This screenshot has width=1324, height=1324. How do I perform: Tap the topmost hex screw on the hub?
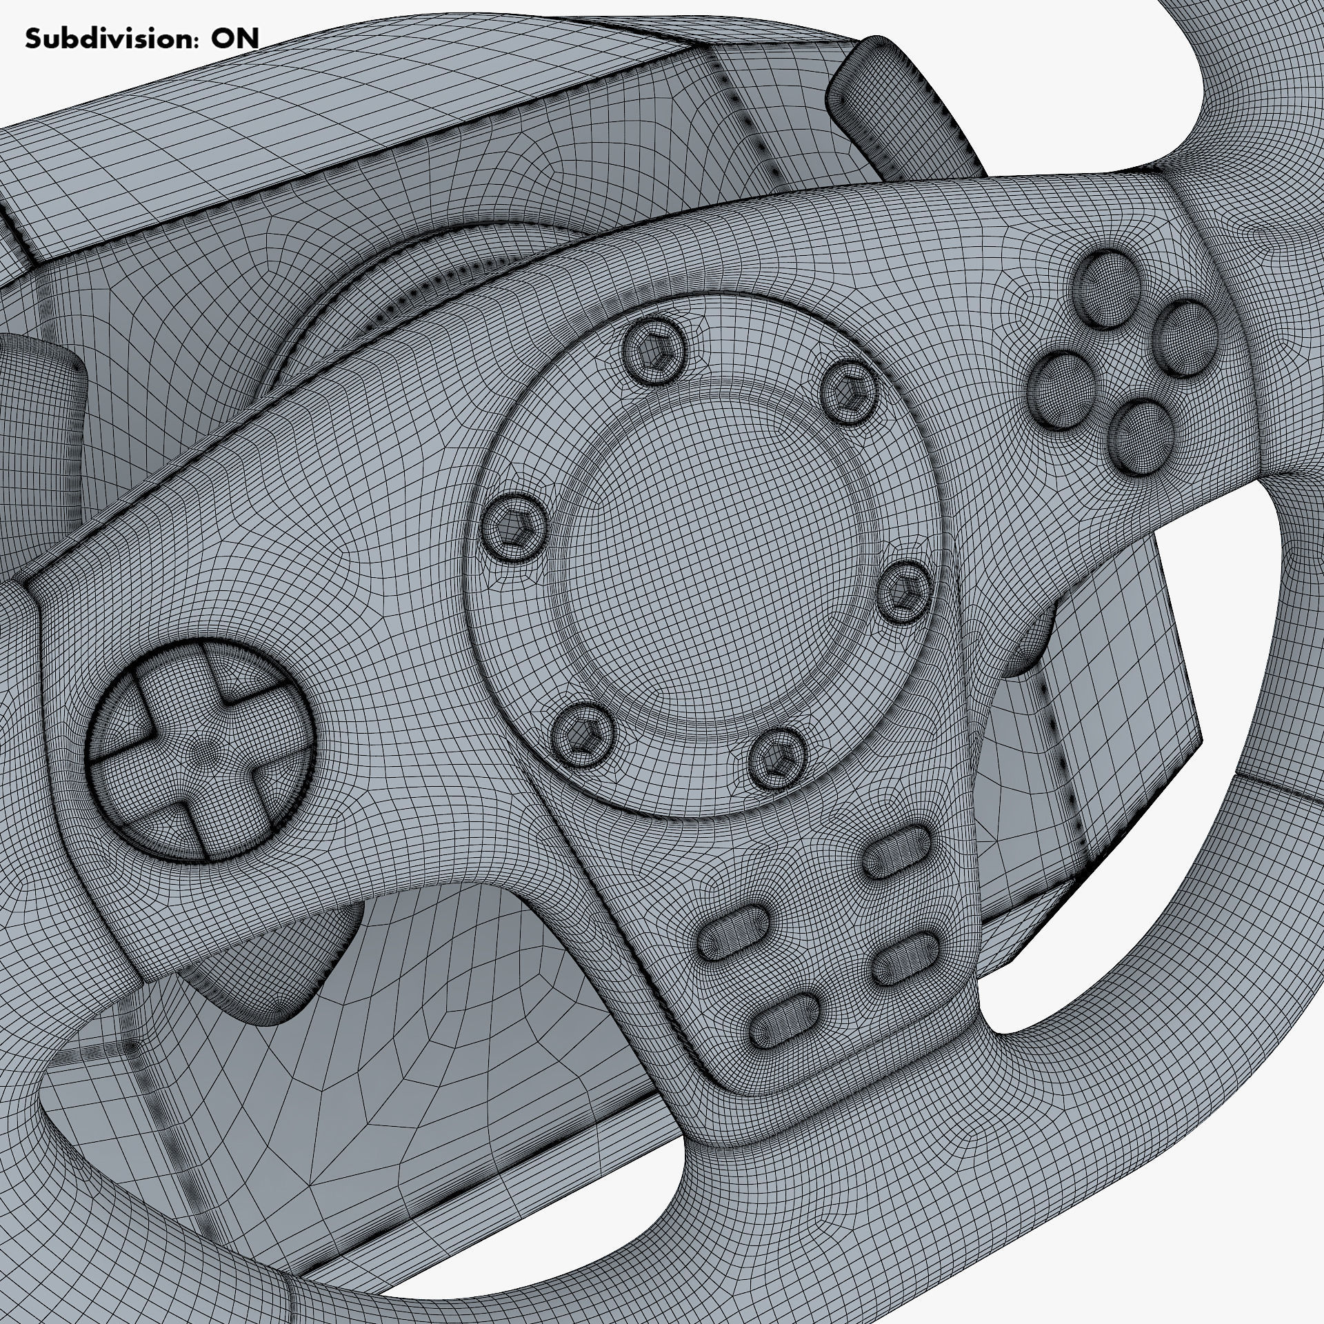(x=653, y=352)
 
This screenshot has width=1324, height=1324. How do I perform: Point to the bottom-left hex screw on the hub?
(x=583, y=735)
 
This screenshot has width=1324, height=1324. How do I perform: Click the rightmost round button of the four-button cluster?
(x=1186, y=339)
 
